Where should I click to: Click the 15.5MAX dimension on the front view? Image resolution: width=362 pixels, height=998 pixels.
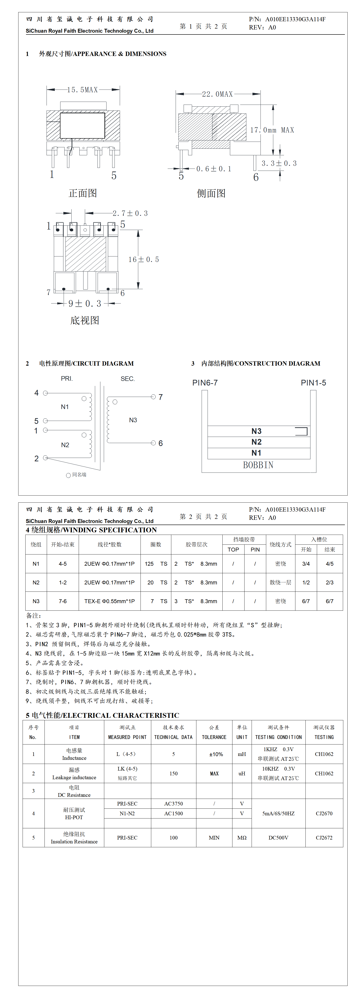click(83, 90)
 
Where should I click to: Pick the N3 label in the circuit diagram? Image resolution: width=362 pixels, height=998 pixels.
click(133, 420)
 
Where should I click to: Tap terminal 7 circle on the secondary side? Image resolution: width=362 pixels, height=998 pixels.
click(153, 397)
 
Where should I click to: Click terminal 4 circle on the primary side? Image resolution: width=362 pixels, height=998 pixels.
click(45, 393)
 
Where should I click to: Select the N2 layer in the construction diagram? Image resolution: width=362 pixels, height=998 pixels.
click(256, 442)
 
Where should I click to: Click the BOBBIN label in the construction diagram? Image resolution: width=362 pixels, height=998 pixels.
click(258, 465)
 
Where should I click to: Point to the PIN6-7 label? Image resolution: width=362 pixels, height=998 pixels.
click(205, 383)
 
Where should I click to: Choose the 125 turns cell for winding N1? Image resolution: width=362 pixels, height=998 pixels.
click(149, 564)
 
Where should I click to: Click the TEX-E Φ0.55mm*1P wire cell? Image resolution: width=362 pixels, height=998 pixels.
click(109, 601)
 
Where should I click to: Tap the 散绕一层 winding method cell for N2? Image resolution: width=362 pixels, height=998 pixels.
click(280, 582)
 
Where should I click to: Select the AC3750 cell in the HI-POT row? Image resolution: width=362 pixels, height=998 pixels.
click(173, 803)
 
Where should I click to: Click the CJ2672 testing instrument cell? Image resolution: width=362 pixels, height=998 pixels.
click(324, 838)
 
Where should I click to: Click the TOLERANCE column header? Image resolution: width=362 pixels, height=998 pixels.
click(214, 737)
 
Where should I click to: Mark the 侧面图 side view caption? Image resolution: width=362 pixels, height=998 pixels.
click(211, 193)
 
